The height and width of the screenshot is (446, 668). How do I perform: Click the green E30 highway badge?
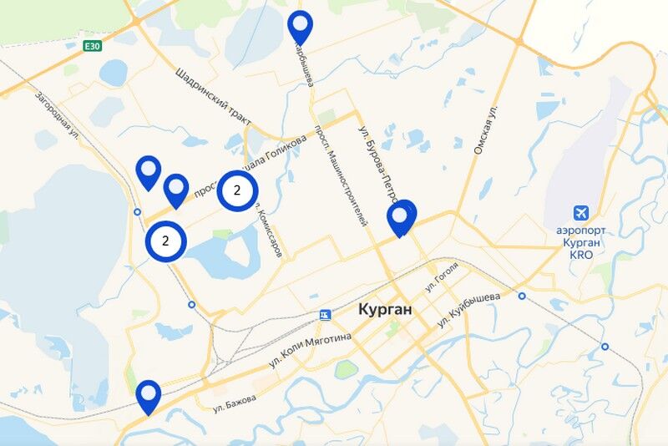point(93,46)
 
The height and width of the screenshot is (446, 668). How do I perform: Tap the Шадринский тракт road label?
point(214,98)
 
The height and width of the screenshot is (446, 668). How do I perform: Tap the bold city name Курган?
point(385,309)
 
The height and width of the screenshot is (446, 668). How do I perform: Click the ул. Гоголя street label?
point(443,281)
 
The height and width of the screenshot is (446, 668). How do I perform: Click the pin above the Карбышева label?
point(300,24)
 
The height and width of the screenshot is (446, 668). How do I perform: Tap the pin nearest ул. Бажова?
point(149,394)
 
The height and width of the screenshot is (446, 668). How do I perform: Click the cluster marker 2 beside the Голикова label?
point(237,190)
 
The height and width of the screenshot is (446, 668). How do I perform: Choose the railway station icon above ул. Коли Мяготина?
point(324,314)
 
